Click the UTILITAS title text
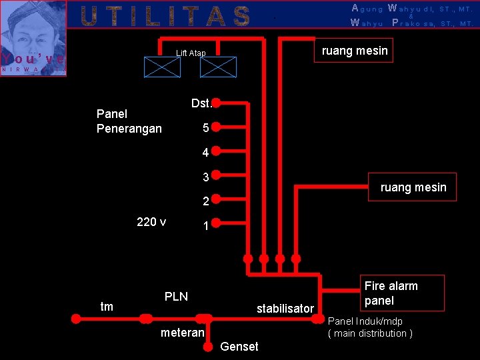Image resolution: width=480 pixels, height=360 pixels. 165,16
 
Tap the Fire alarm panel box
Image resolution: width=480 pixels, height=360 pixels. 391,293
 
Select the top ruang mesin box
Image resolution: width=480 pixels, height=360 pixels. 354,51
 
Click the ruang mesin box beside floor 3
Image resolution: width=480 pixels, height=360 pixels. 413,187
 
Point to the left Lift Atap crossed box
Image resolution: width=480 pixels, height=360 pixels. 163,67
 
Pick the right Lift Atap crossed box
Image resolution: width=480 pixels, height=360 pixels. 219,67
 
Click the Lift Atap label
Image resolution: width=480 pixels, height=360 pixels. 191,53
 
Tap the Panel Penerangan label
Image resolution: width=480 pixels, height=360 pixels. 129,121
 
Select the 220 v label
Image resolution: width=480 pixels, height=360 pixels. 151,222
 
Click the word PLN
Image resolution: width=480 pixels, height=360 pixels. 176,296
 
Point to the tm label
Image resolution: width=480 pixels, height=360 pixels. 106,307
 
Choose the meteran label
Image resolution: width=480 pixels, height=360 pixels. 182,332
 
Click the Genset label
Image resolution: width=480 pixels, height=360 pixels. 239,346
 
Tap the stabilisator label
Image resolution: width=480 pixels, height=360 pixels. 285,309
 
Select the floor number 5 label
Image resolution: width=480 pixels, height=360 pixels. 206,127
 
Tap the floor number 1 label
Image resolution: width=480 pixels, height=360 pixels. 206,227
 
